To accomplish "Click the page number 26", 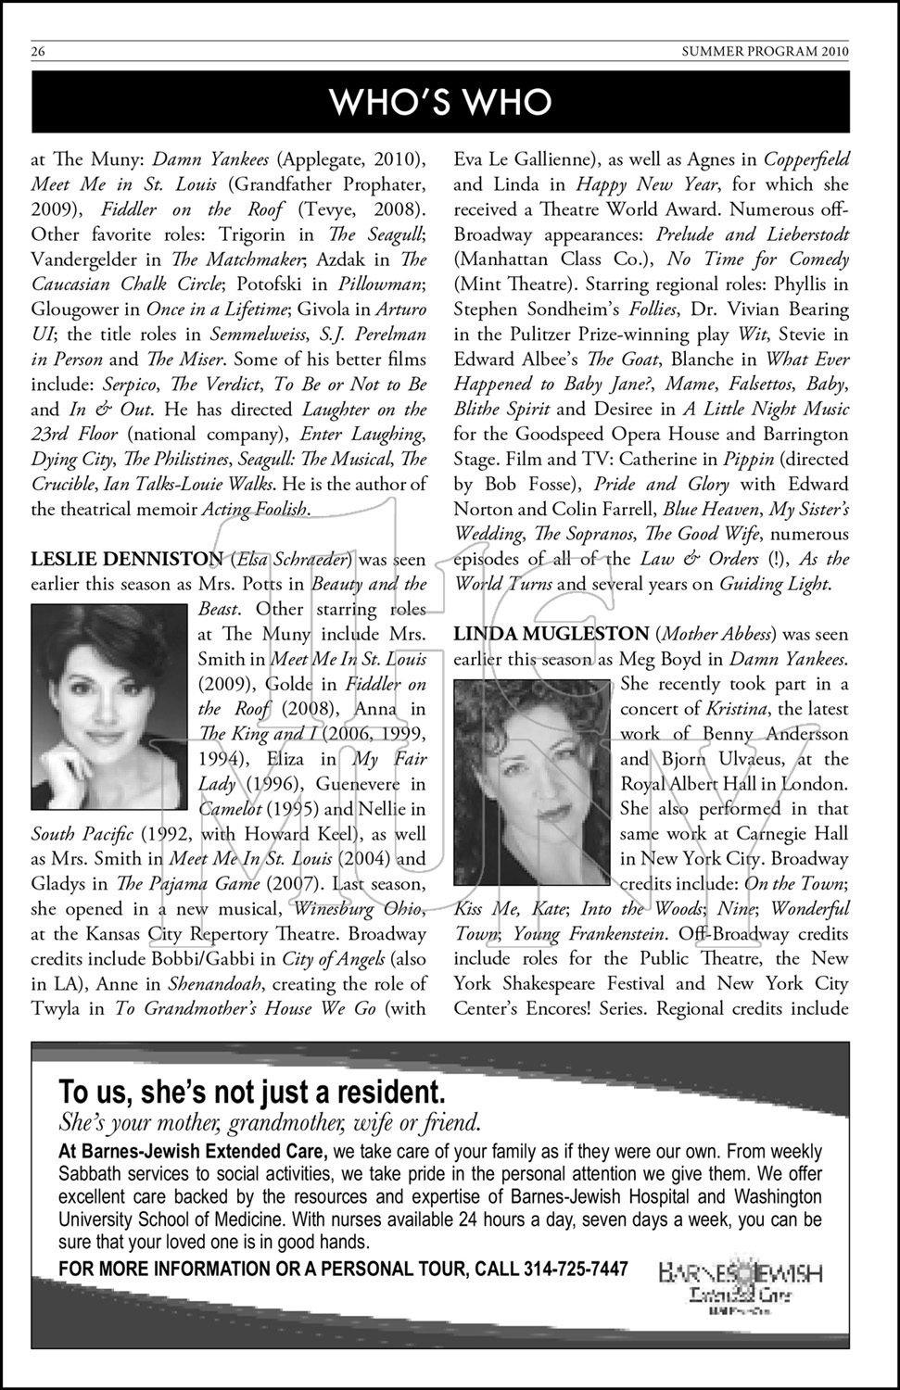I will (38, 52).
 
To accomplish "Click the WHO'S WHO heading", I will (441, 101).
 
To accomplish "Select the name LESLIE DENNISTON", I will (127, 559).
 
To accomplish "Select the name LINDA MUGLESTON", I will (551, 634).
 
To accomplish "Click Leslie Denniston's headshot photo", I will (109, 696).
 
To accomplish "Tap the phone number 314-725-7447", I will (576, 1269).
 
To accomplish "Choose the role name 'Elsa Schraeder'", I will (293, 559).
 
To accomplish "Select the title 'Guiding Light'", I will (773, 584).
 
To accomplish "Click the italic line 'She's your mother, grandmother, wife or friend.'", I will (269, 1123).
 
